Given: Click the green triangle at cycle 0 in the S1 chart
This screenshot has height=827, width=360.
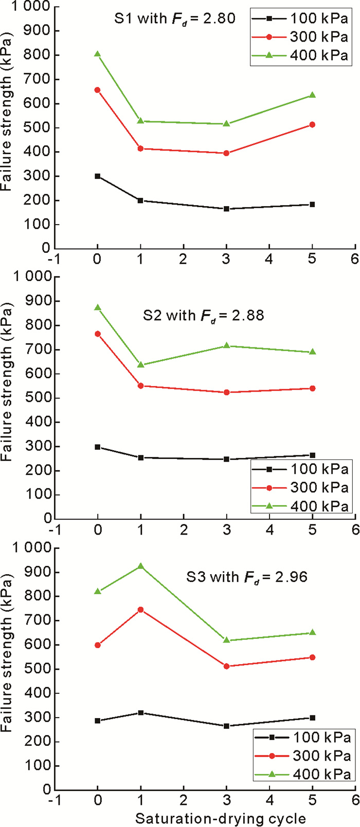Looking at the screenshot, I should click(97, 54).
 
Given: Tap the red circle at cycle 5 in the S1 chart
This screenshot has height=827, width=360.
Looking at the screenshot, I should click(312, 125).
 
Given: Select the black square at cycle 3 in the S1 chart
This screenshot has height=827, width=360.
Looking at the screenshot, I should click(226, 209).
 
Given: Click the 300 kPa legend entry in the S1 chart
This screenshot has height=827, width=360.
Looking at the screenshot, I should click(300, 36).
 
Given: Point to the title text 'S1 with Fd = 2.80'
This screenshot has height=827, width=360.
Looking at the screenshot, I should click(175, 19).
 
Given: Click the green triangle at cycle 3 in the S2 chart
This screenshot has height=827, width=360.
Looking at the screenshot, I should click(226, 346).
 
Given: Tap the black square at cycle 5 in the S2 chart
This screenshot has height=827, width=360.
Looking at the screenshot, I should click(312, 455).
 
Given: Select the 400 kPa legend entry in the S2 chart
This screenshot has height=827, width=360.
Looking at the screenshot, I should click(300, 506).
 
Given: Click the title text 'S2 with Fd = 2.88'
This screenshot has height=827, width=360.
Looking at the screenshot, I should click(203, 315).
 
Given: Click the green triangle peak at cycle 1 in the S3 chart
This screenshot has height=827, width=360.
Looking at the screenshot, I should click(140, 566).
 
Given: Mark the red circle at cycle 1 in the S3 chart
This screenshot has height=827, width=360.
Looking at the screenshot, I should click(140, 610).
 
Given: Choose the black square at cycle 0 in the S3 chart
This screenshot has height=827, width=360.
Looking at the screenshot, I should click(97, 721).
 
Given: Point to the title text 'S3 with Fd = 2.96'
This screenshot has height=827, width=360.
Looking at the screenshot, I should click(246, 577).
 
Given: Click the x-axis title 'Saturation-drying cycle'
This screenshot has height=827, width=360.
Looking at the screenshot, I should click(221, 818).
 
